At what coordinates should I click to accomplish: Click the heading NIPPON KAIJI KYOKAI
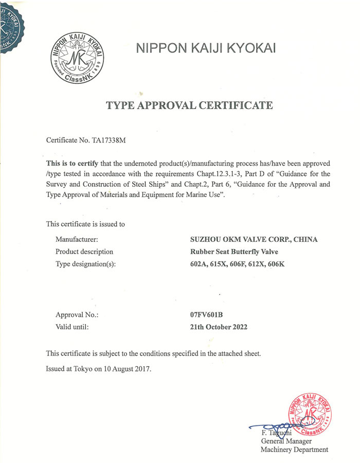point(206,48)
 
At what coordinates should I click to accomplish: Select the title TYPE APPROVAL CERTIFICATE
point(189,106)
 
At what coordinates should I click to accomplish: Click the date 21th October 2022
point(219,327)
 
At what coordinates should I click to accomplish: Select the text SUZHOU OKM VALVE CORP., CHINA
point(254,239)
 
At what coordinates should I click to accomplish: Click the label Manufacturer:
point(77,239)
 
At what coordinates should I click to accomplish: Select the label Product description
point(84,252)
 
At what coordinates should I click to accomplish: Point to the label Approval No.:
point(77,314)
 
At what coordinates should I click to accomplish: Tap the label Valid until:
point(73,327)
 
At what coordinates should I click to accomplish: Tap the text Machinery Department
point(294,450)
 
